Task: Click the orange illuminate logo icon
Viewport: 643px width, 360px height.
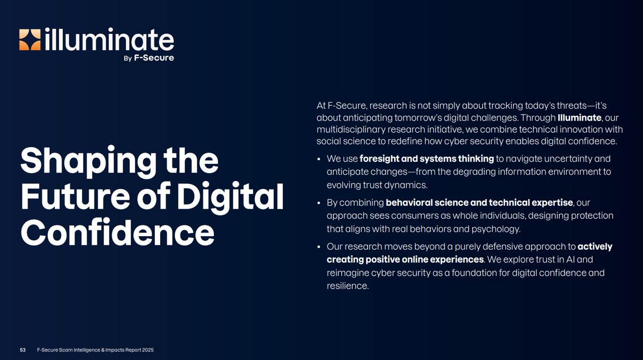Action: pos(30,40)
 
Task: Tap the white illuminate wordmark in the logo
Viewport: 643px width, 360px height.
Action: pos(109,40)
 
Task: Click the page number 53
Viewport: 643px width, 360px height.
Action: pos(23,350)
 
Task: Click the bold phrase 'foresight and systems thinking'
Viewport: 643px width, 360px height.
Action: pos(427,159)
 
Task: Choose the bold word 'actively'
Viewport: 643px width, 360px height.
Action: pos(595,247)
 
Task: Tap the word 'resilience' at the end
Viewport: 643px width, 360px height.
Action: pos(347,286)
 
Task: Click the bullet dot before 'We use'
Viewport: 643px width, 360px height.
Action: pos(319,160)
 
